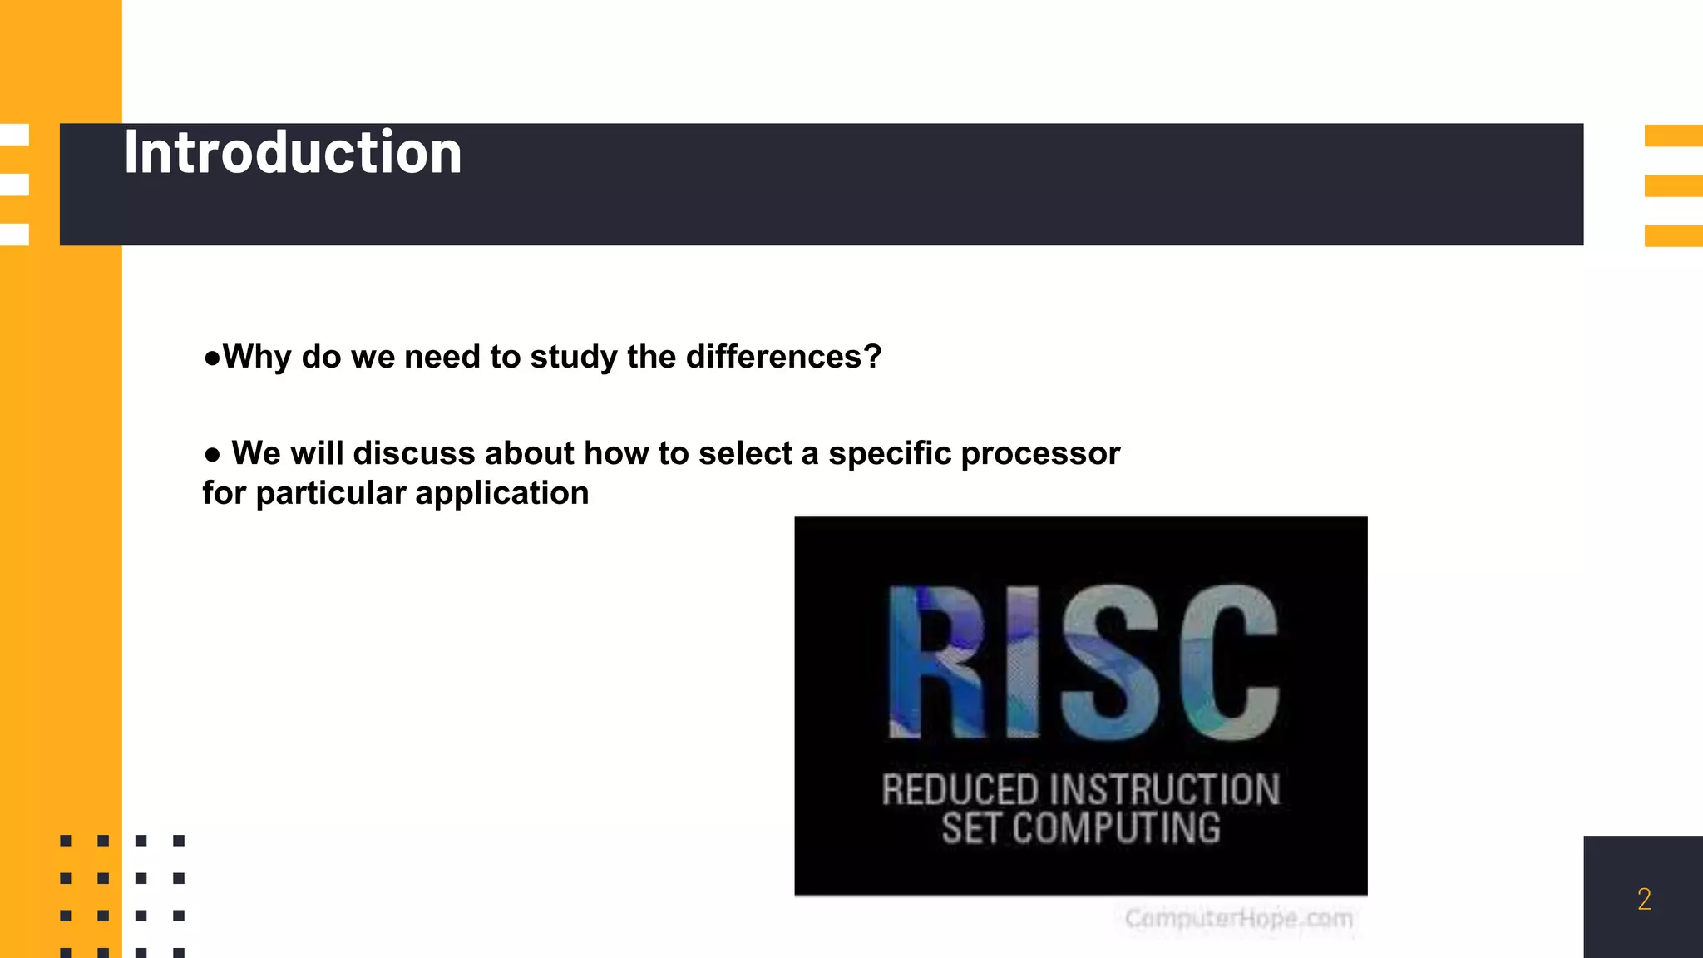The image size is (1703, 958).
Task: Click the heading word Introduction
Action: point(293,153)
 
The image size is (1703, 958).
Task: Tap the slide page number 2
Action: point(1644,899)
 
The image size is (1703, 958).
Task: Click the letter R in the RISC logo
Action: point(938,662)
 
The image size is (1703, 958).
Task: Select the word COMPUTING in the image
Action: point(1117,828)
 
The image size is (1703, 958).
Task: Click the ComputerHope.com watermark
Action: point(1238,919)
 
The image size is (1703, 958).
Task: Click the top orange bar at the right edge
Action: point(1673,136)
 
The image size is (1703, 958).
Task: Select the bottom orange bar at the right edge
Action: point(1673,235)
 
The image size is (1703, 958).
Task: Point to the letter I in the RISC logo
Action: point(1023,662)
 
